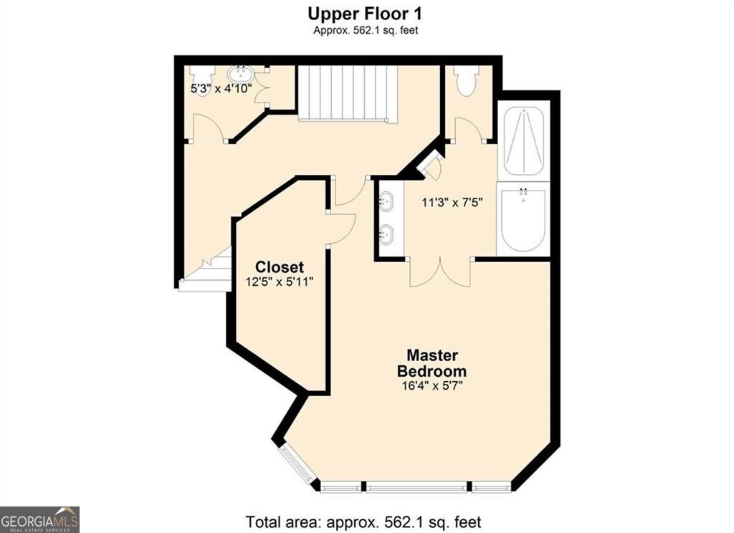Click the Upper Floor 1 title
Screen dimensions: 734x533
(x=365, y=14)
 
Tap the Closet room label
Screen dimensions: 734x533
(x=280, y=267)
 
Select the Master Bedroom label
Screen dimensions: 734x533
(x=432, y=363)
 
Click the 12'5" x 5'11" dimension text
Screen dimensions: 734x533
(x=280, y=282)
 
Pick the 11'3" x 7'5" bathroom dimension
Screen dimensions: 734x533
(x=452, y=203)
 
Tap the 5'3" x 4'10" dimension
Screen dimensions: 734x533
(x=221, y=88)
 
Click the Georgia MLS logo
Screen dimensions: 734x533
(x=39, y=519)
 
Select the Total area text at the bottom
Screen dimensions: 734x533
(x=363, y=522)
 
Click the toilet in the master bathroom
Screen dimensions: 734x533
(x=467, y=80)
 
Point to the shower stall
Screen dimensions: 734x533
(x=523, y=140)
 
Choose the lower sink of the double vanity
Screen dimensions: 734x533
(x=386, y=234)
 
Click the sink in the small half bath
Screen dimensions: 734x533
(x=241, y=74)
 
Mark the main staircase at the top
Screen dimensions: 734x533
(x=348, y=94)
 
